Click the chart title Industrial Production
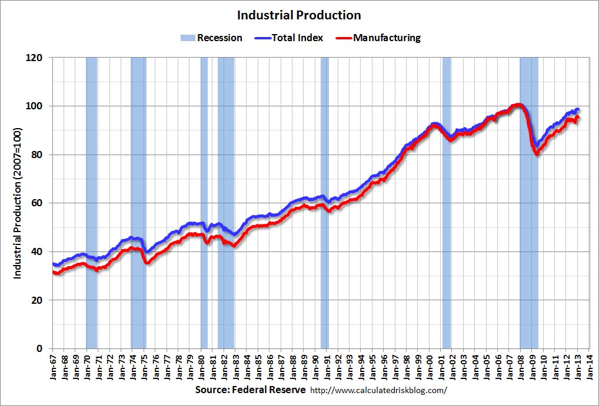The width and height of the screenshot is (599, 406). coord(299,15)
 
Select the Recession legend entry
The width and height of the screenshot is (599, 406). coord(212,38)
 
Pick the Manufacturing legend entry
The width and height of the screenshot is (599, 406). coord(379,38)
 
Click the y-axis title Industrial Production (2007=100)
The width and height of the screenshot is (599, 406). coord(18,203)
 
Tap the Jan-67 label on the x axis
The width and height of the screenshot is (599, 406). coord(54,365)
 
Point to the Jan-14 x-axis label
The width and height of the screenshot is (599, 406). coord(588,365)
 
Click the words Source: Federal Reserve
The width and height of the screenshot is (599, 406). coord(250,390)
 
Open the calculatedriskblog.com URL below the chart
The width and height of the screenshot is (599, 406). coord(378,390)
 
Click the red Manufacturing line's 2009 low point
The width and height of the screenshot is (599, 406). coord(537,155)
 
